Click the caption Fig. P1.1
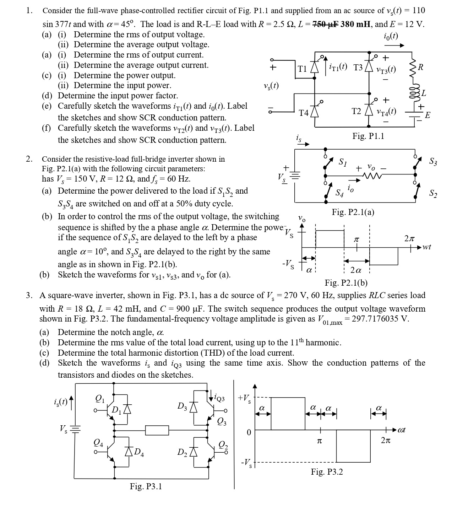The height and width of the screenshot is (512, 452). [x=368, y=136]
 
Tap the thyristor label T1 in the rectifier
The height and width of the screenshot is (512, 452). [x=303, y=69]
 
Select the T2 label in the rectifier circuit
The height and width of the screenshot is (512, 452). [x=356, y=111]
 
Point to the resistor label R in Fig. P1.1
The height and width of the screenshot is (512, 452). [x=421, y=67]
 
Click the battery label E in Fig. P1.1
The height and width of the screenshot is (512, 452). [x=428, y=115]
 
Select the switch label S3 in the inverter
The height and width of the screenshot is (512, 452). [x=433, y=162]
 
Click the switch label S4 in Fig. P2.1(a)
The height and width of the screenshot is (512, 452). [x=340, y=193]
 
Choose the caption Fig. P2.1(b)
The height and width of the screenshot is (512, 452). [x=346, y=283]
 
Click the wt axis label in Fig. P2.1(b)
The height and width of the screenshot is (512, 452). [x=427, y=247]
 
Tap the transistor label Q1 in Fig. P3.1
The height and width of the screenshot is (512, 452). [x=100, y=399]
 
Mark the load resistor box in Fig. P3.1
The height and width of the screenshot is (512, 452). [x=157, y=430]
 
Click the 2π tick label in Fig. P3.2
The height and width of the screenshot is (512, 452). [x=386, y=441]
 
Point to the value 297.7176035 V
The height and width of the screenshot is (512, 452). [x=379, y=318]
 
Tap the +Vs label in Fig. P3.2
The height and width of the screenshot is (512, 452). [x=244, y=398]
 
